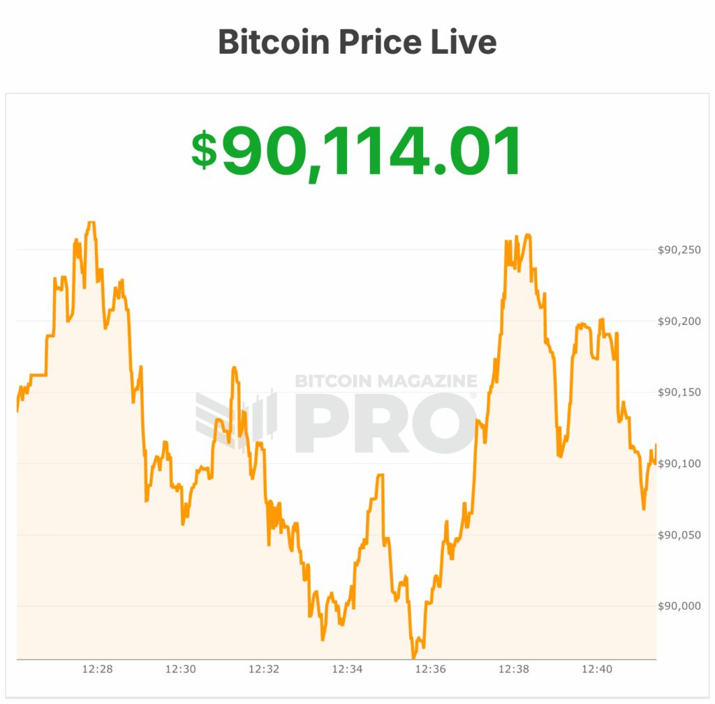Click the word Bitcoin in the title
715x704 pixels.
point(274,42)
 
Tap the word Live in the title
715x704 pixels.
point(462,42)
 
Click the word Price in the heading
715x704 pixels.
point(379,42)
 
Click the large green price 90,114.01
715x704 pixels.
point(371,151)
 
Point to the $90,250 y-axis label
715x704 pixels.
point(679,250)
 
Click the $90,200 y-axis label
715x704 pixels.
point(679,321)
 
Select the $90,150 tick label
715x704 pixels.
point(679,393)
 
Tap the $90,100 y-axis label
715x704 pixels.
point(679,464)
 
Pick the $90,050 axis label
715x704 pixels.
point(679,535)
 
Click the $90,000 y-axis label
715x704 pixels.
point(679,606)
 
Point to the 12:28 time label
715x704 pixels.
point(97,669)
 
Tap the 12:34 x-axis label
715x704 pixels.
point(347,669)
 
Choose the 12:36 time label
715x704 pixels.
point(430,669)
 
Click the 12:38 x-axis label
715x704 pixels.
point(513,669)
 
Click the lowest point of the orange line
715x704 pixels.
point(413,657)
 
